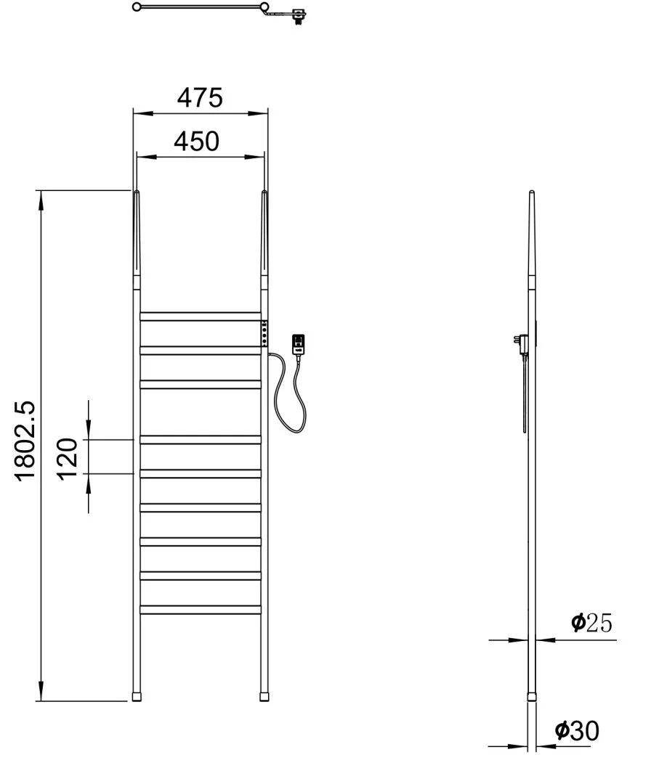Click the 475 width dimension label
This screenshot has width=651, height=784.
click(x=200, y=97)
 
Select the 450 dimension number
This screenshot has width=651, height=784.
click(x=197, y=142)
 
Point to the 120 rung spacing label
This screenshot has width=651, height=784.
click(x=68, y=459)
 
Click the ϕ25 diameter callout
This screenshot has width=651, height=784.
click(x=591, y=623)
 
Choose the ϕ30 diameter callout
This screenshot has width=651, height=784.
click(x=577, y=730)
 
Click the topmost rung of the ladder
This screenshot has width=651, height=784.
click(x=201, y=317)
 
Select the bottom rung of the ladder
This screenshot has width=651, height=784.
click(x=201, y=610)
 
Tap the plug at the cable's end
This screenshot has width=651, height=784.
click(x=298, y=345)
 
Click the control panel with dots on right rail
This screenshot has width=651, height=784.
click(x=264, y=333)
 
